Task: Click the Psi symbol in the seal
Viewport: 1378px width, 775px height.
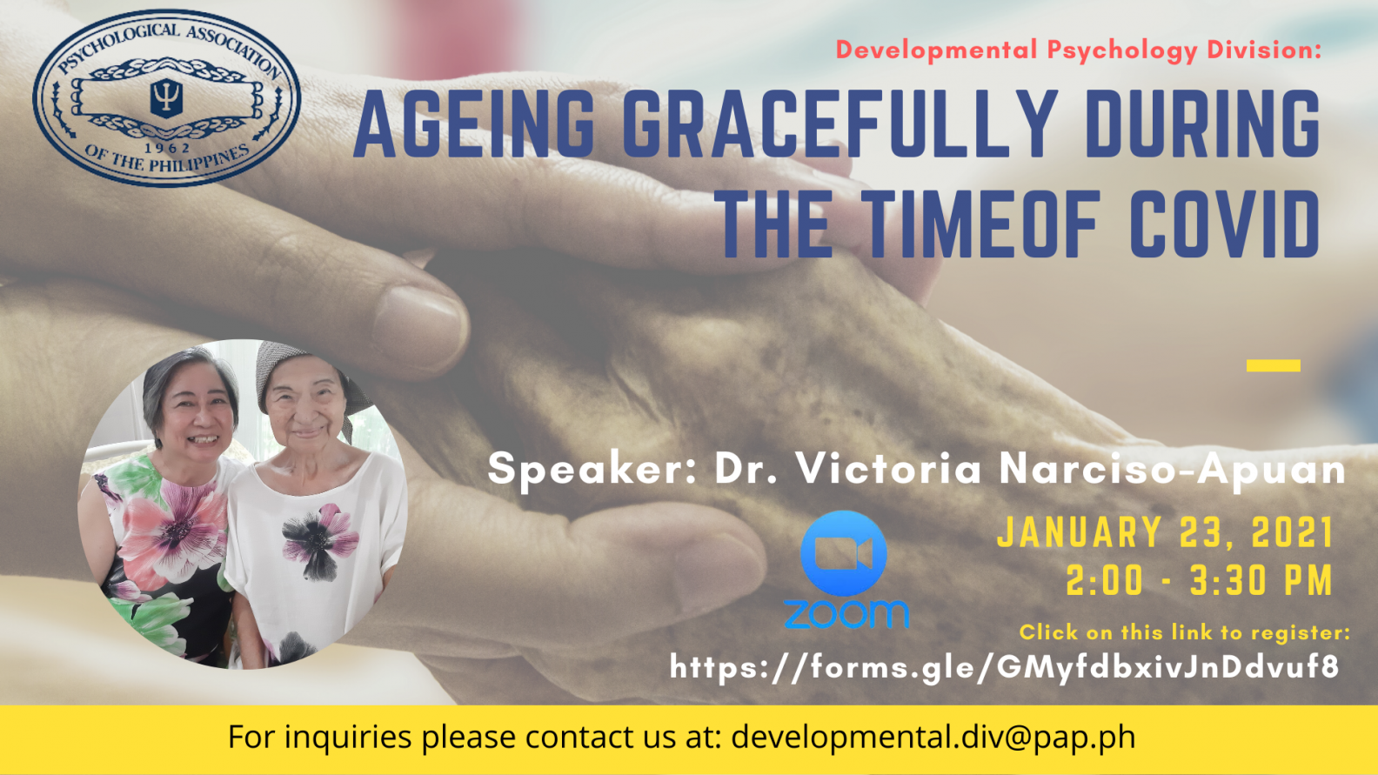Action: click(x=166, y=97)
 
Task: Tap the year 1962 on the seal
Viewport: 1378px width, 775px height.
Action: click(x=167, y=148)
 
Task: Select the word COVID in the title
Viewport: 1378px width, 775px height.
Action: click(x=1225, y=224)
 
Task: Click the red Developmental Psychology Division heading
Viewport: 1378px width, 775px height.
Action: click(x=1079, y=50)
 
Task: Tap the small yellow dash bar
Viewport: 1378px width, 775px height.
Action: click(x=1273, y=365)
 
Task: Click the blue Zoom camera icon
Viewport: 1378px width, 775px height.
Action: click(x=843, y=553)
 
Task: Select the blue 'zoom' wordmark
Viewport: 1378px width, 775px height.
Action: click(x=846, y=614)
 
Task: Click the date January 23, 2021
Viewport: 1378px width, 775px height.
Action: click(x=1165, y=532)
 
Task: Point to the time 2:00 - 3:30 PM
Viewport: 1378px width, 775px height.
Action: click(x=1199, y=581)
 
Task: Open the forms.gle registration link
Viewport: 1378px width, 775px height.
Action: click(x=1004, y=667)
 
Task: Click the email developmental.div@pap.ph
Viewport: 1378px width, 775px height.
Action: click(x=933, y=736)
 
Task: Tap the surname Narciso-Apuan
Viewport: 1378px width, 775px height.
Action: click(x=1172, y=470)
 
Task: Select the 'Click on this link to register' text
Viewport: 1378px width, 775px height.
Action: click(x=1185, y=632)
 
